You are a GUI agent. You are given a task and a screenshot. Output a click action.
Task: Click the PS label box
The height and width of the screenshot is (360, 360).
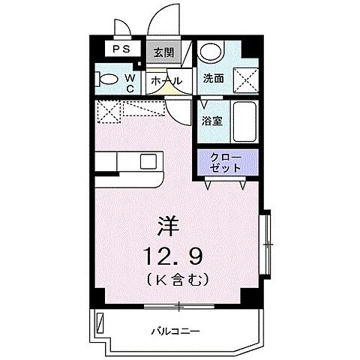[120, 49]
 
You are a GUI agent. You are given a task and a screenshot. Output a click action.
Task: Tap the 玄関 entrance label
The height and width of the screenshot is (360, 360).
[163, 52]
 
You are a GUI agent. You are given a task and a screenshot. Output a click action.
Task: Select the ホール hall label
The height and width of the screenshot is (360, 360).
[164, 79]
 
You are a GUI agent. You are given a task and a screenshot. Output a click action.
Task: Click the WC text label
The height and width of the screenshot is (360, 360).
[129, 81]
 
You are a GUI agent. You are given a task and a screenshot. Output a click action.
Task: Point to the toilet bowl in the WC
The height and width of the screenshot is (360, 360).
[108, 79]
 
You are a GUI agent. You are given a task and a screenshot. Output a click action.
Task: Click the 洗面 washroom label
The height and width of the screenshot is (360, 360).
[214, 78]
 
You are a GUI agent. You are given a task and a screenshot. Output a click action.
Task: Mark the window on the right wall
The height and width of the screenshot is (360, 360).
[265, 244]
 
